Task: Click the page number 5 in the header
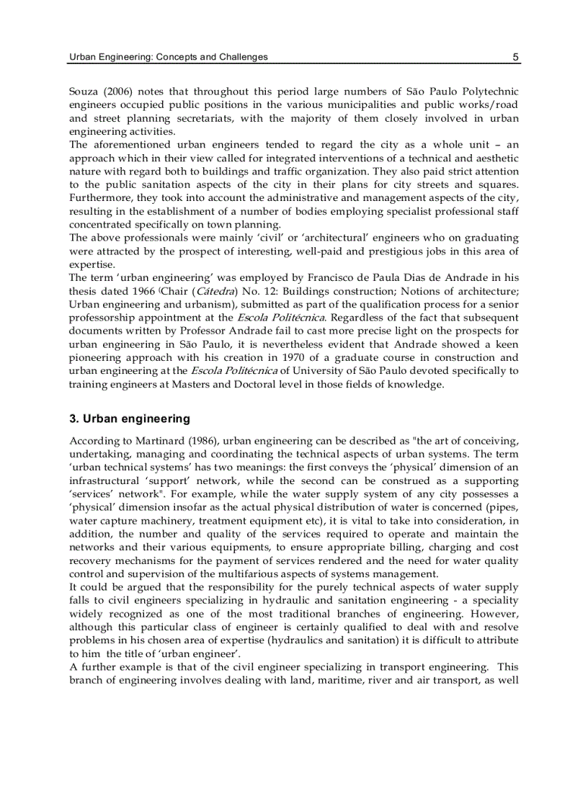point(516,57)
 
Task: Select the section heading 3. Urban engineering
point(130,419)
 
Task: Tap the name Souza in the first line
point(86,92)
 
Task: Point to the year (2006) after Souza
point(120,92)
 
